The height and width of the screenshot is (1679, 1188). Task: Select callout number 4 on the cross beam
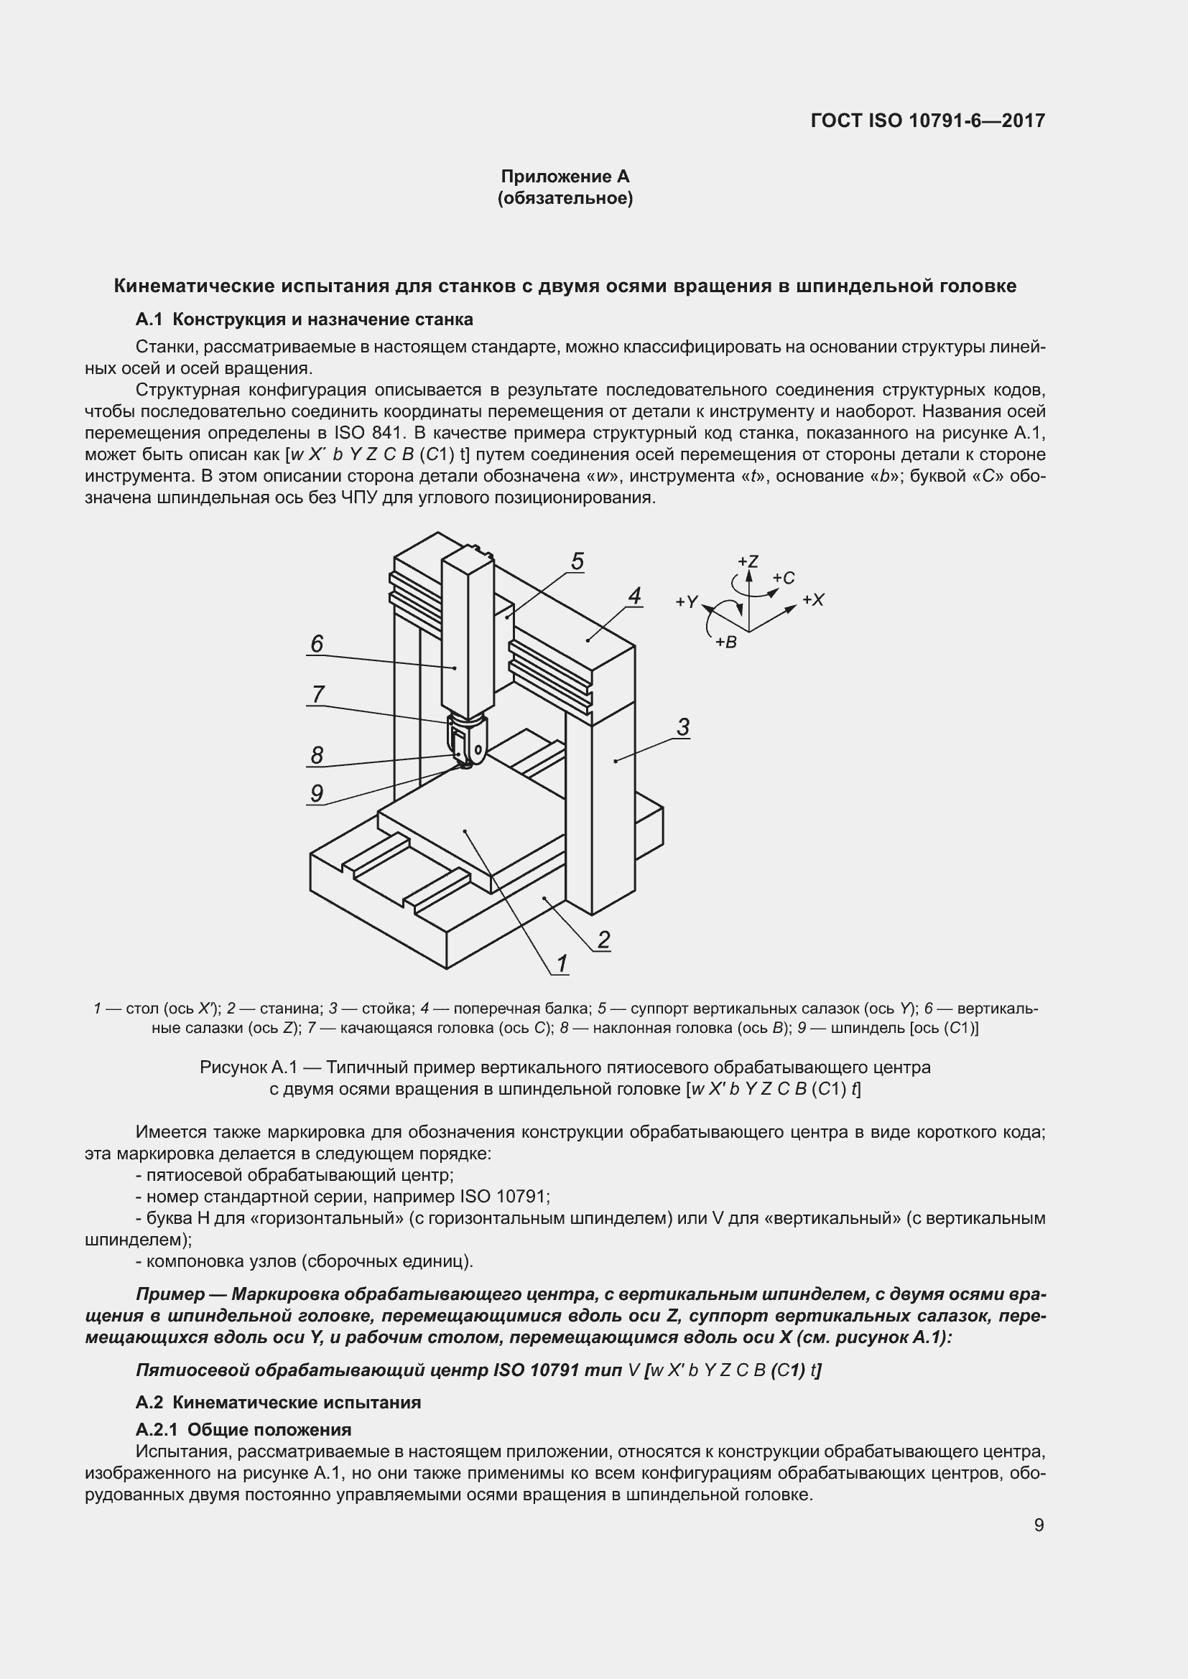634,595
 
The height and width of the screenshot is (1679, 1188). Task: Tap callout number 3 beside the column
682,727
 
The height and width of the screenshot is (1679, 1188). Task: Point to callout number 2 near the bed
603,939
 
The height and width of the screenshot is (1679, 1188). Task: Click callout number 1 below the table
562,964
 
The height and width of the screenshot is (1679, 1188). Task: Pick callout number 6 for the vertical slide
317,643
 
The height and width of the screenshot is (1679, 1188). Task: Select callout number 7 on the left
317,694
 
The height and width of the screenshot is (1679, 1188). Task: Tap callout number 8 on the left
317,754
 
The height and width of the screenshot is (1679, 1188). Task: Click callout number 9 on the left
317,793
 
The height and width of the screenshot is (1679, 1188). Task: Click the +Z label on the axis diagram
748,561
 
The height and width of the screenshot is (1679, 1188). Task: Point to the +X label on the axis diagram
813,599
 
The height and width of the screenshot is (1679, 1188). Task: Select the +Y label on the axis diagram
687,602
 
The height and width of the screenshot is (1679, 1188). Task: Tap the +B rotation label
725,642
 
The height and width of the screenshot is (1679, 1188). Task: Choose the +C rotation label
784,578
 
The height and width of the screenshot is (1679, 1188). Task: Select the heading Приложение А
565,177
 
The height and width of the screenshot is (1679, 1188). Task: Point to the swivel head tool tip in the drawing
463,767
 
